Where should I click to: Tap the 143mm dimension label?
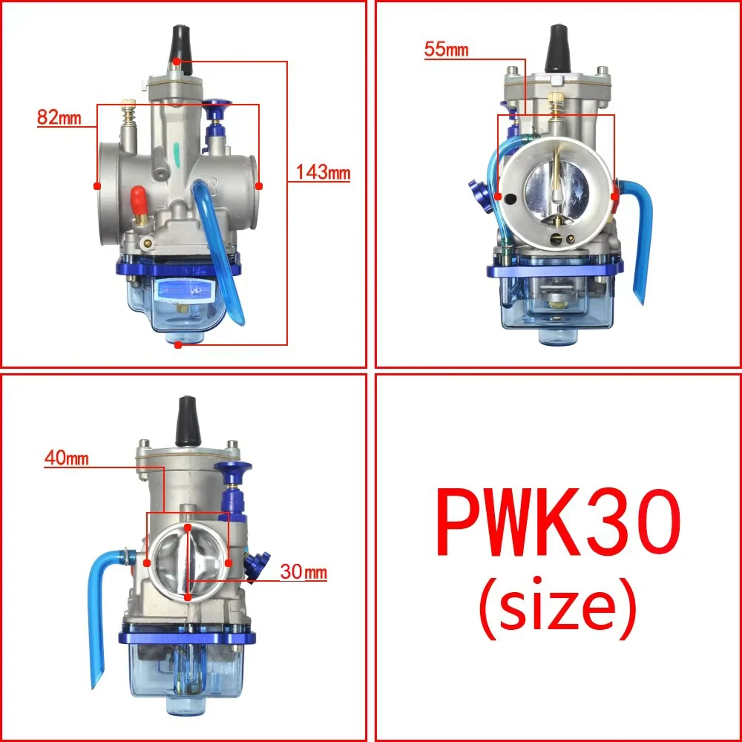pos(323,174)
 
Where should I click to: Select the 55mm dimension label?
pos(447,50)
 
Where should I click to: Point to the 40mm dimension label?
pos(66,459)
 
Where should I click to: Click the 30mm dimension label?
pos(303,573)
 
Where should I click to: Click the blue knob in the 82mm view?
pos(218,111)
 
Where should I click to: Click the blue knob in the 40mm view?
pos(231,473)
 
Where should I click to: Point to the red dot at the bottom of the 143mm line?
pos(177,345)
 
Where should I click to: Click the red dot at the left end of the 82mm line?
pos(96,185)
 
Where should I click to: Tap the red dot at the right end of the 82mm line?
pos(259,185)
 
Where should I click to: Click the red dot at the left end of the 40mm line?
pos(148,562)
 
